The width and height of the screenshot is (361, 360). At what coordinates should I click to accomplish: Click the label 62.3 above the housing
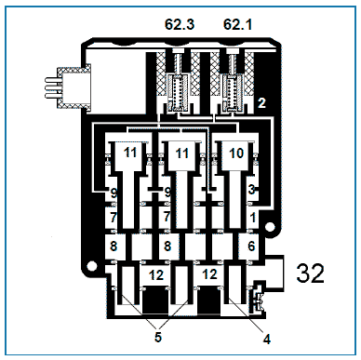tap(180, 24)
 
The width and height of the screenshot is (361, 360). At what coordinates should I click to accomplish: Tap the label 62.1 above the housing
tap(237, 24)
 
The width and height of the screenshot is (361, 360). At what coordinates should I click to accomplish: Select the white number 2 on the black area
tap(261, 103)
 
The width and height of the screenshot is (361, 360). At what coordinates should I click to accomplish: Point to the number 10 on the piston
tap(236, 153)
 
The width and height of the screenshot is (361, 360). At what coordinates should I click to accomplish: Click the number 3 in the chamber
tap(251, 189)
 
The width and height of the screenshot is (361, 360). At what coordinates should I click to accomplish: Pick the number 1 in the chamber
tap(253, 218)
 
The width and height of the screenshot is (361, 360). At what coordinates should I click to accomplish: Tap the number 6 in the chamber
tap(251, 246)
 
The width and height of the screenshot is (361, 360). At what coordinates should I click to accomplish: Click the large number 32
tap(310, 273)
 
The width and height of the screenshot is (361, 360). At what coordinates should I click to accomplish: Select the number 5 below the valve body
tap(158, 337)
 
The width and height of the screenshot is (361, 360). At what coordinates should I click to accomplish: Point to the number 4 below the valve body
tap(266, 340)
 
